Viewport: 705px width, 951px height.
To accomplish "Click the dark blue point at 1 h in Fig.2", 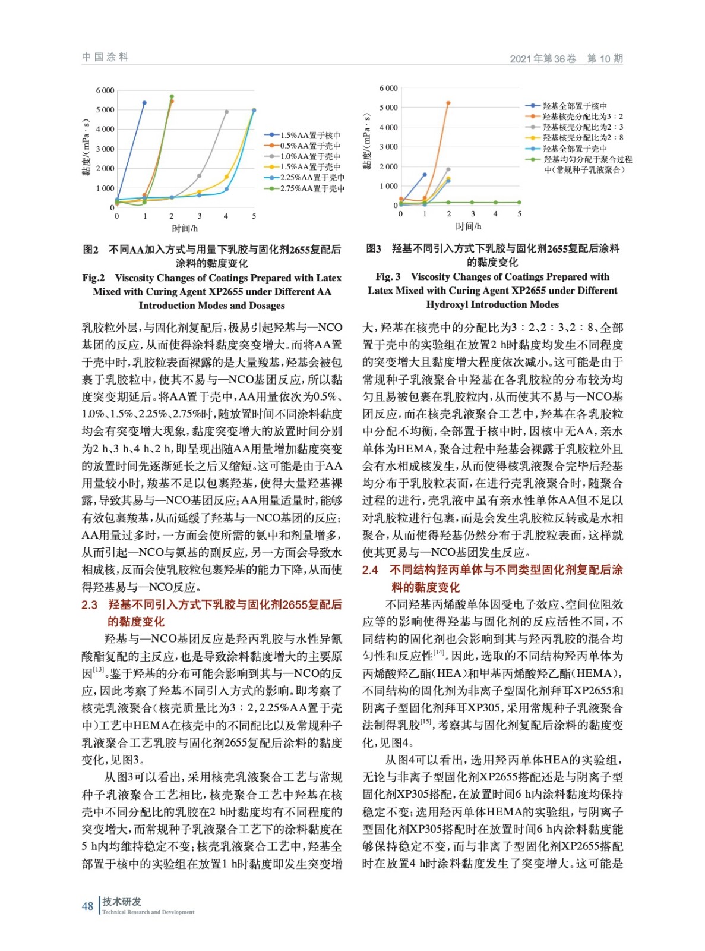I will click(x=144, y=103).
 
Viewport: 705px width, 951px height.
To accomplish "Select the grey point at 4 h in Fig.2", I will click(x=226, y=112).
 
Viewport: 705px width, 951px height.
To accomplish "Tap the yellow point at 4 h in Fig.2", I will click(x=226, y=177).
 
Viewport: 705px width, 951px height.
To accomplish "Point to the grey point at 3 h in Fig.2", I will click(x=199, y=176).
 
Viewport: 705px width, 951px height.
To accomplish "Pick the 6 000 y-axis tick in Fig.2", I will click(x=105, y=90).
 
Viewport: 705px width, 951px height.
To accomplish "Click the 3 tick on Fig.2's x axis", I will click(x=200, y=216).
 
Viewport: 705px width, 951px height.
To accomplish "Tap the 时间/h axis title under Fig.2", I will click(x=185, y=228).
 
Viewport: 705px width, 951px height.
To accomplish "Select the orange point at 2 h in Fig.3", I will click(x=448, y=103).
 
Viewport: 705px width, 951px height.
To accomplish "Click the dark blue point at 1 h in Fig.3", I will click(x=425, y=175).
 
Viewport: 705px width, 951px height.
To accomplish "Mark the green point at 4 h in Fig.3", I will click(x=495, y=203).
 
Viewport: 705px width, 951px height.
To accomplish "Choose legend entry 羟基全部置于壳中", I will click(x=574, y=149).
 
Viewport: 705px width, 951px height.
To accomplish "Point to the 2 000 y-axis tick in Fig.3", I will click(x=388, y=167).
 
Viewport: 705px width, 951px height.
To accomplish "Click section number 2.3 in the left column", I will click(x=90, y=604).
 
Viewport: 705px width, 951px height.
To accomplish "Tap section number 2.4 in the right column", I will click(x=370, y=570).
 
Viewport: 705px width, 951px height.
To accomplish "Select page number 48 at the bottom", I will click(x=87, y=906).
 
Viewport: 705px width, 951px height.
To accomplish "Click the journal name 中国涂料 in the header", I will click(x=105, y=57).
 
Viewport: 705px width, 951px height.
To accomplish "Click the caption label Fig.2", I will click(x=93, y=278).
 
